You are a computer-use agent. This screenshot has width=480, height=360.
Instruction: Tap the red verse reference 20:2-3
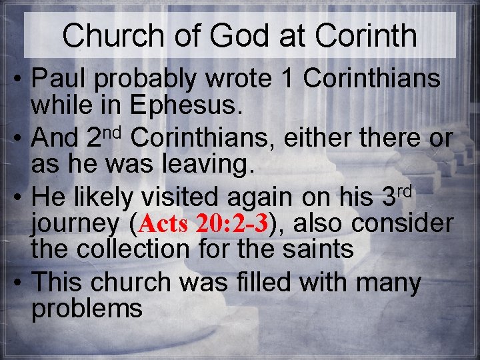pyautogui.click(x=231, y=225)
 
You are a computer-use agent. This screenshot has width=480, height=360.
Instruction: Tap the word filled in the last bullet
pyautogui.click(x=259, y=283)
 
